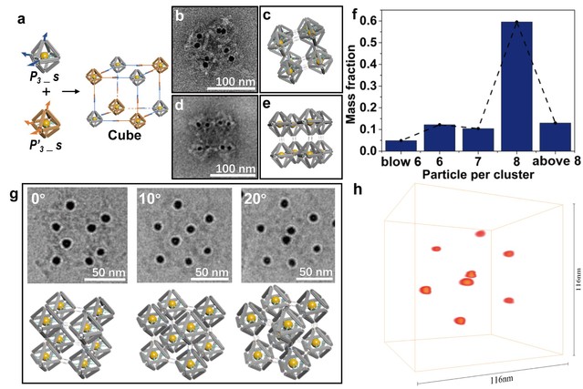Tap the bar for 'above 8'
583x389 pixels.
coord(555,136)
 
